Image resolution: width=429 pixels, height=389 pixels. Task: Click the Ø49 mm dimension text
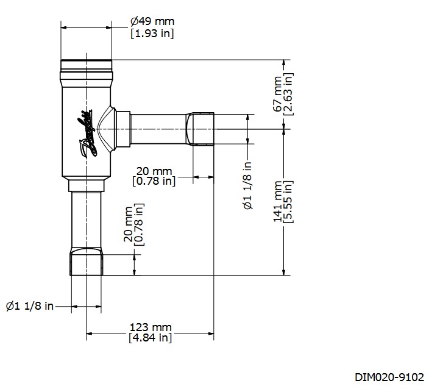click(152, 21)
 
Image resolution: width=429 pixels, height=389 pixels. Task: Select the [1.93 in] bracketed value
click(152, 33)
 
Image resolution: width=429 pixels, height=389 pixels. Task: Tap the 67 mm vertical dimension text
click(278, 94)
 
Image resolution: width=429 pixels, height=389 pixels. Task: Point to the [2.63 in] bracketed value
click(289, 94)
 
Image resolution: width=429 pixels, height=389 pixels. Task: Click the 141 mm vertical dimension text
click(278, 202)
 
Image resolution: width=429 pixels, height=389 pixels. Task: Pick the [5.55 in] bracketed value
click(289, 202)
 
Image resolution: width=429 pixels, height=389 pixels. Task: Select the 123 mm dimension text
click(151, 327)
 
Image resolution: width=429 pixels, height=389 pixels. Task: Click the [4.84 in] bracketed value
click(151, 338)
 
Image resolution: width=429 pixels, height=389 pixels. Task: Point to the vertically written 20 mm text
click(129, 227)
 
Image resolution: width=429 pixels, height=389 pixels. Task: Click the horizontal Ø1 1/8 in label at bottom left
click(29, 305)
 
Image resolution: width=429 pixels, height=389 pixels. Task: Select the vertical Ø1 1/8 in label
click(248, 186)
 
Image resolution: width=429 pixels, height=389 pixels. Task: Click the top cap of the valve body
click(86, 65)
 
